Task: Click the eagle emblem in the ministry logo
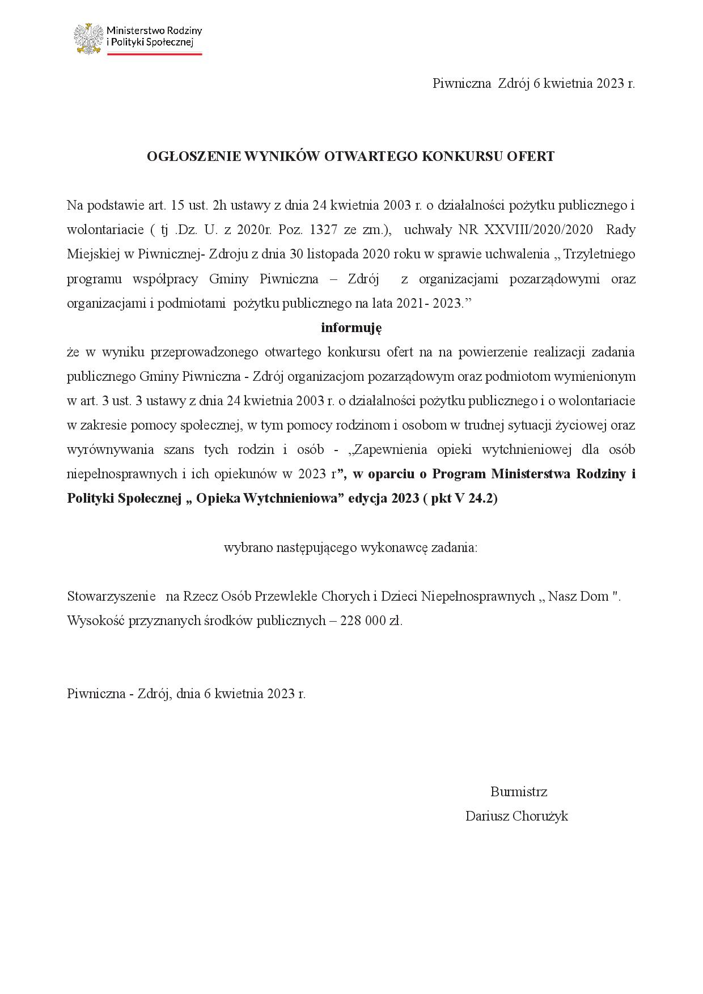(x=88, y=38)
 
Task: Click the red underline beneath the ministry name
(x=154, y=54)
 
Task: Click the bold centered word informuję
(x=351, y=328)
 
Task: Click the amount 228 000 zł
(x=371, y=621)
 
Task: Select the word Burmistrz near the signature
(x=519, y=792)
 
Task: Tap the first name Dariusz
(x=487, y=816)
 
